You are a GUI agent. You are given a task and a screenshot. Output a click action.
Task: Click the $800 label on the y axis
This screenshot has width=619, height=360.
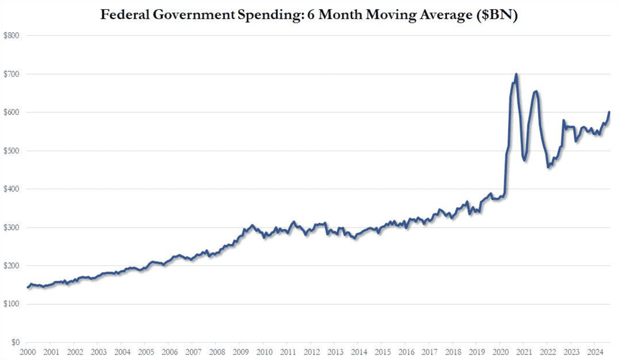tap(12, 36)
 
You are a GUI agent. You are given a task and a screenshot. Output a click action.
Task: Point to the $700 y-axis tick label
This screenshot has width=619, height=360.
tap(12, 74)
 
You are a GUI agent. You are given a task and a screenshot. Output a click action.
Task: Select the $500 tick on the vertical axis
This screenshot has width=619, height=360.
tap(12, 151)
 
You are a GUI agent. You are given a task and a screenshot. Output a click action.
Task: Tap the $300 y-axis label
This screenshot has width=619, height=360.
tap(12, 228)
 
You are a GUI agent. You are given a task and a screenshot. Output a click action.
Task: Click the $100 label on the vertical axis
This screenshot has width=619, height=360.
tap(12, 304)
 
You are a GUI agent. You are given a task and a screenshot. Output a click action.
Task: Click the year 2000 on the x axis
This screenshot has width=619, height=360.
tap(27, 351)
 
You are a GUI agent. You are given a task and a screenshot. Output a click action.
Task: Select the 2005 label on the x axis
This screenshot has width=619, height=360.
tap(145, 351)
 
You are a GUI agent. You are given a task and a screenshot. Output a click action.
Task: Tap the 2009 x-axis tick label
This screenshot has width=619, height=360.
tap(240, 351)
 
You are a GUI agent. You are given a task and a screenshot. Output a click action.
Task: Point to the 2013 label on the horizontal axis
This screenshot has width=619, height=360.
tap(335, 351)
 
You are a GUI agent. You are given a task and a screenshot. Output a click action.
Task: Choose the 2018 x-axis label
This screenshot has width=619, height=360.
tap(453, 351)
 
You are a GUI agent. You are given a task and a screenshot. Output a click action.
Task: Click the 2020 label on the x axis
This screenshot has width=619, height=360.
tap(500, 351)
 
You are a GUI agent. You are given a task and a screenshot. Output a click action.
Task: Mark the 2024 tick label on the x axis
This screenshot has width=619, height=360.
tap(595, 351)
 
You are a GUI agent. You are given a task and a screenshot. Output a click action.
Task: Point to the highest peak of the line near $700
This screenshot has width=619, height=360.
tap(516, 75)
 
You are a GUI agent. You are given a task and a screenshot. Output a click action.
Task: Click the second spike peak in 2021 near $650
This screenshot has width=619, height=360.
tap(536, 92)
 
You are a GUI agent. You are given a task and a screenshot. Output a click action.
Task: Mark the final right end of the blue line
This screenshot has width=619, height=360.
tap(609, 113)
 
